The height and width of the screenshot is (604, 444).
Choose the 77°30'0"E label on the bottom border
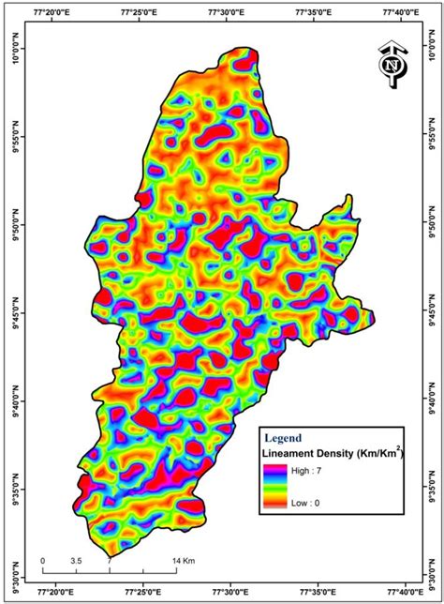(x=229, y=592)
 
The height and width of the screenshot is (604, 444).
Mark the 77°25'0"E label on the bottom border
(x=141, y=592)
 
